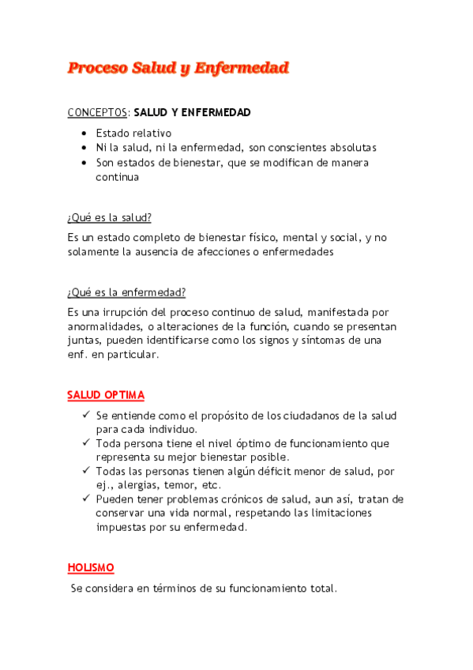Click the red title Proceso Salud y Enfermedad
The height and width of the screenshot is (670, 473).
[178, 68]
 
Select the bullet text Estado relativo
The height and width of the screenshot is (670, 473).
[133, 133]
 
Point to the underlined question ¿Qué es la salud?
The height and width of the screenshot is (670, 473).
[110, 217]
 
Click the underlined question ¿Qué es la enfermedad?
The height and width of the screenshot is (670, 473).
[126, 292]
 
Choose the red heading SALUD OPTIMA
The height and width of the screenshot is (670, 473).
[106, 395]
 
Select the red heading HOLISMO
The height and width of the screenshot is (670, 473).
[91, 568]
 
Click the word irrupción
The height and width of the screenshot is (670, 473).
[135, 312]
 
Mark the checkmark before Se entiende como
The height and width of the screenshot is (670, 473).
[84, 415]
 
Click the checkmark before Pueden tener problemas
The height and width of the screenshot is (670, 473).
[84, 499]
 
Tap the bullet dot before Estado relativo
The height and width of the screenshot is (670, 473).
[84, 133]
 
